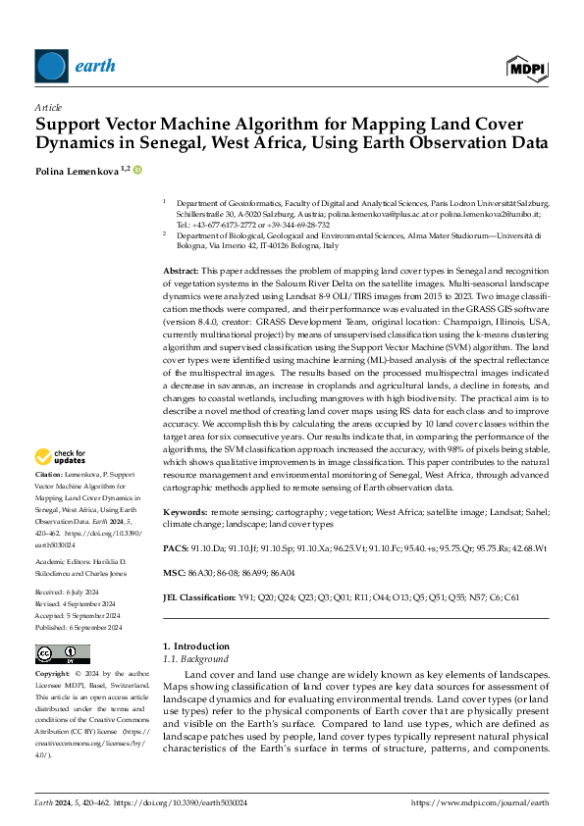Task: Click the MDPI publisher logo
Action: pyautogui.click(x=527, y=67)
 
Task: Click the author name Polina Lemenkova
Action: pyautogui.click(x=77, y=171)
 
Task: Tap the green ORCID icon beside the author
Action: pyautogui.click(x=137, y=170)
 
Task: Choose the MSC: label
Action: pyautogui.click(x=173, y=571)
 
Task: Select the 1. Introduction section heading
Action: pyautogui.click(x=195, y=646)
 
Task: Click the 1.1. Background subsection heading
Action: pyautogui.click(x=188, y=660)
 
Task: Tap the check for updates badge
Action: pyautogui.click(x=61, y=456)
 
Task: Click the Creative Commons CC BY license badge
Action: pyautogui.click(x=62, y=654)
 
